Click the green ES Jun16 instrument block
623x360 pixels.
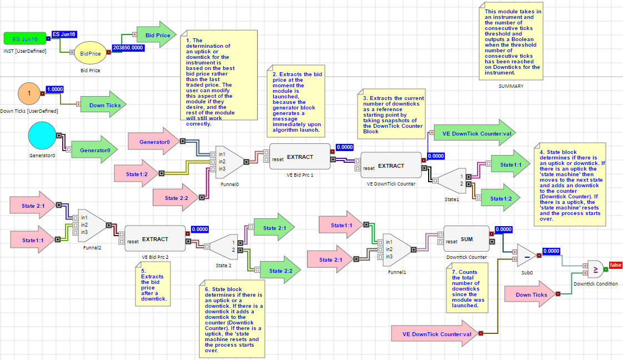point(24,38)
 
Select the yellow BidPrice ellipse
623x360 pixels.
point(90,53)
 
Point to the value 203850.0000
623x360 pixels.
point(128,48)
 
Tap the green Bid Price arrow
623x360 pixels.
point(155,36)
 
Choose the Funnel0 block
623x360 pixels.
point(228,161)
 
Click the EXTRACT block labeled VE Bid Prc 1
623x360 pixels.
point(300,157)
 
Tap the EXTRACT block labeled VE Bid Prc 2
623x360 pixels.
point(155,239)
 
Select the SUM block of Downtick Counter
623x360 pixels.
point(466,239)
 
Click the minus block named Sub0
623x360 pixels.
point(526,256)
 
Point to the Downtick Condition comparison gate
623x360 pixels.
point(594,271)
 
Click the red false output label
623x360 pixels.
point(616,265)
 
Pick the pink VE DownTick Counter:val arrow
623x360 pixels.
point(434,334)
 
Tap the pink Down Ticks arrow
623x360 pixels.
point(530,295)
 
